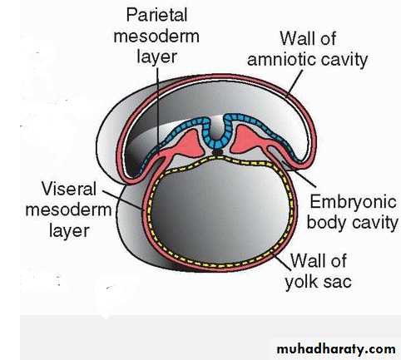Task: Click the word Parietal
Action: pos(157,15)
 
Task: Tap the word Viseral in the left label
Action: pos(69,189)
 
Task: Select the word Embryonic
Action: pos(353,203)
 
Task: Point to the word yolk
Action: pos(301,282)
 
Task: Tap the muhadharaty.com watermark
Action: pos(336,349)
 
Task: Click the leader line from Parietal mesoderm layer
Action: pos(158,108)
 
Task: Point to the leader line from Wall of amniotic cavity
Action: pos(295,83)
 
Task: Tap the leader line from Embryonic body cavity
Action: pos(299,174)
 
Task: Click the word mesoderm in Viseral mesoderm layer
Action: pos(68,210)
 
